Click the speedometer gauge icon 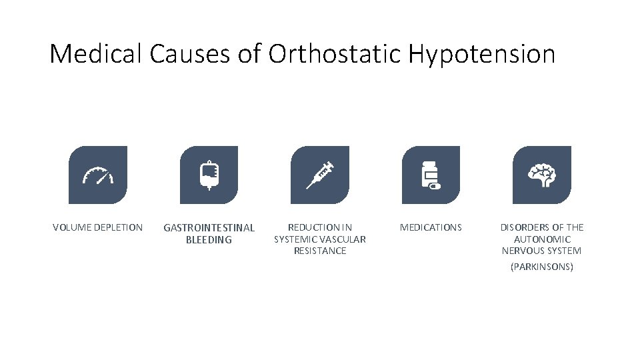coord(98,175)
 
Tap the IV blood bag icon coord(209,175)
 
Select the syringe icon coord(320,175)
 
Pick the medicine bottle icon coord(430,175)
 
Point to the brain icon coord(541,175)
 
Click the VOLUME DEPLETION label coord(98,228)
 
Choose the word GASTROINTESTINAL coord(209,228)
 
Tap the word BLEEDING coord(209,240)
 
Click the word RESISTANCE coord(320,251)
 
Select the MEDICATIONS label coord(431,228)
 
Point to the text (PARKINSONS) coord(541,267)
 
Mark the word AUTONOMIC coord(542,239)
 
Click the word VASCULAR coord(343,239)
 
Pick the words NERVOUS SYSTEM coord(541,251)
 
